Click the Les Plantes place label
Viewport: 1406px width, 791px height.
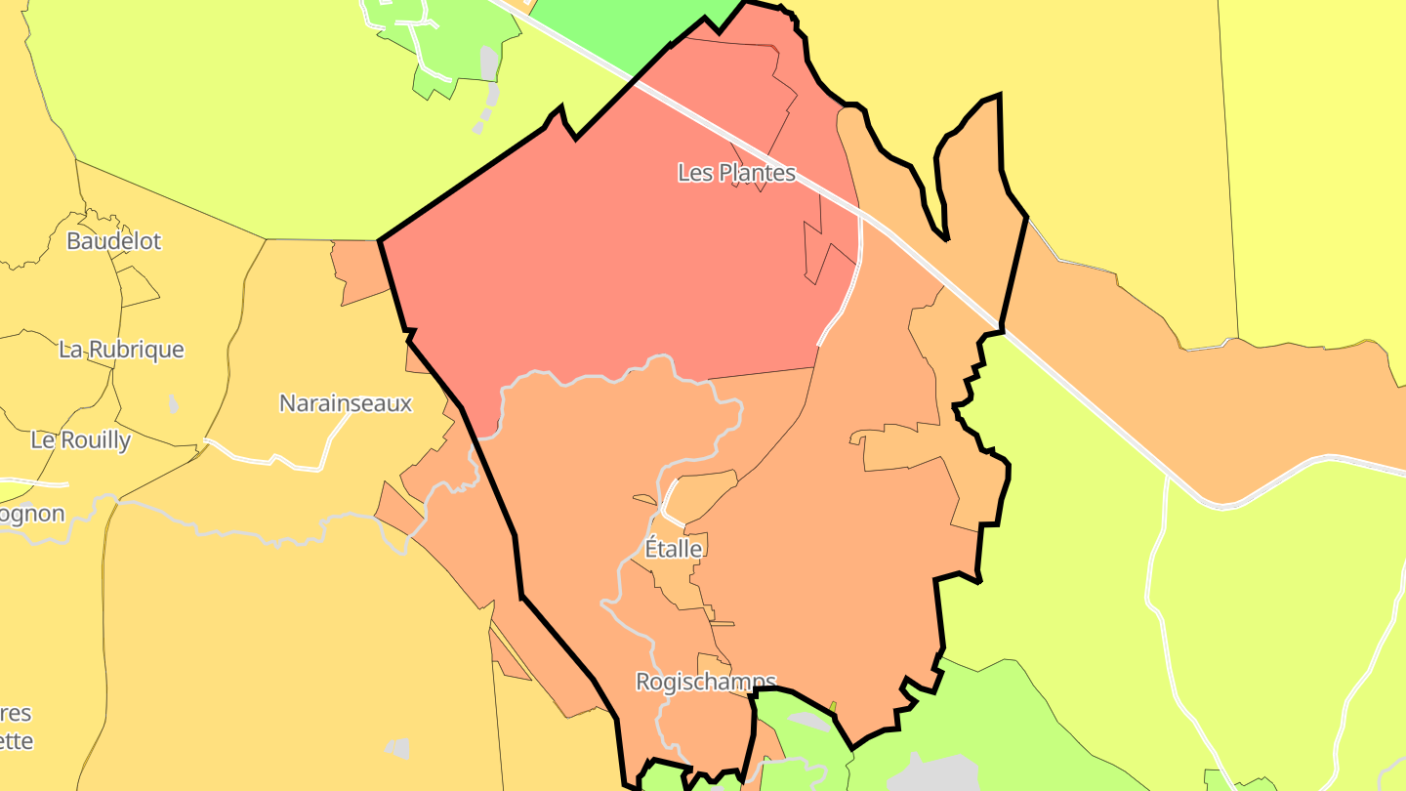pos(736,173)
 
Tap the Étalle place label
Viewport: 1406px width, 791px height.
pos(674,549)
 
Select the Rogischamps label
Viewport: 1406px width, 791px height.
pos(705,682)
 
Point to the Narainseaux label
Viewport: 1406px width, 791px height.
pos(346,403)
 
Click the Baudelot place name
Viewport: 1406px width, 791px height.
pos(113,241)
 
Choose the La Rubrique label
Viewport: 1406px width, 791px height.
pos(121,350)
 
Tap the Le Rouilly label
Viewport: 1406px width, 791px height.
pos(81,440)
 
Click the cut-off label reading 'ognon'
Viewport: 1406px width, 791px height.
pos(32,515)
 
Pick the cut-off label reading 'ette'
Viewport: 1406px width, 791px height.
pos(17,741)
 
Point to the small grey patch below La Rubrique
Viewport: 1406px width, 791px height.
pos(174,403)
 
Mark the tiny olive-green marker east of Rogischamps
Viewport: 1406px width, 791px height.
pos(833,706)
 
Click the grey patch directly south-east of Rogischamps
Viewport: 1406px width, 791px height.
pos(809,721)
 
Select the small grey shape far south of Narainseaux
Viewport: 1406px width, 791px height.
pos(397,748)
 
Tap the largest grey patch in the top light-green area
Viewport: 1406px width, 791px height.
pos(489,63)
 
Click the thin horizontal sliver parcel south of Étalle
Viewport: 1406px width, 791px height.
pos(723,623)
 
